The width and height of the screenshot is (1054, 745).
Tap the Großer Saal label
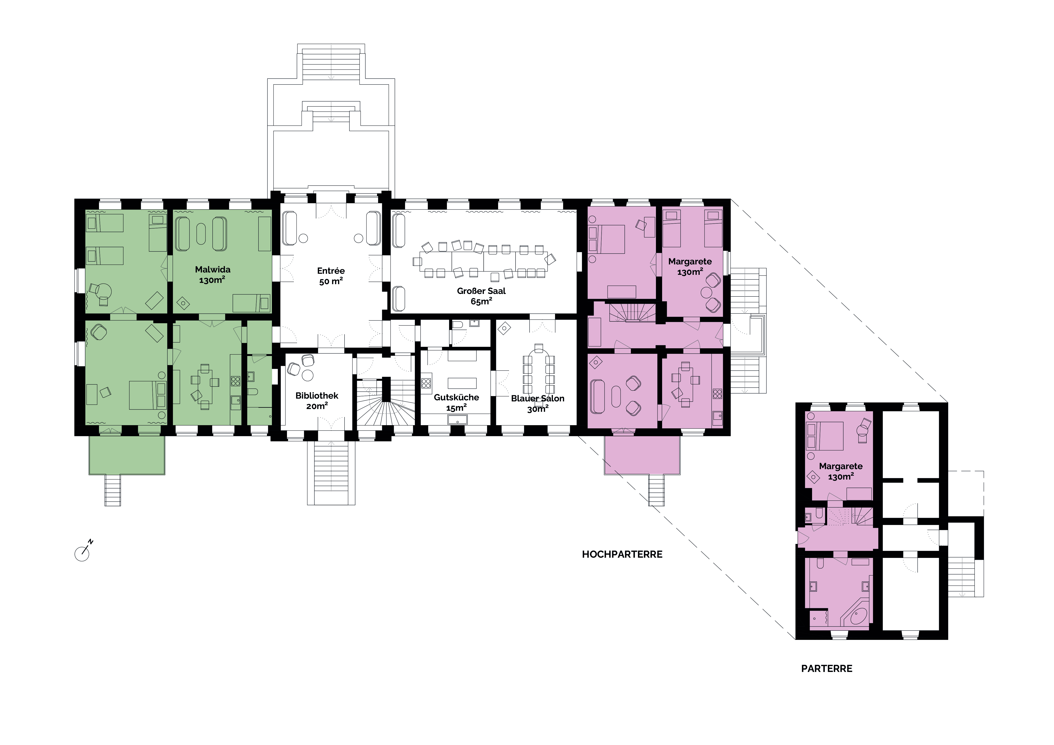(481, 291)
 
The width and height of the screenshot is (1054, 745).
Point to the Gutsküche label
(456, 397)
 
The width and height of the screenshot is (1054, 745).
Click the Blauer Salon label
(538, 398)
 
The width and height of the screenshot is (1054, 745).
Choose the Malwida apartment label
(213, 269)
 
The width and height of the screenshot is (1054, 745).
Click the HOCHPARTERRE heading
(622, 554)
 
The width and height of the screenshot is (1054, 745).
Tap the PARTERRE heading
(827, 668)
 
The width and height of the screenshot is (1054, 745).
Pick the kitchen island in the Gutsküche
(462, 383)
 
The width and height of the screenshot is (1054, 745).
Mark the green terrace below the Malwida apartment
(127, 455)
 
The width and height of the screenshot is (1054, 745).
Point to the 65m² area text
(481, 301)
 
